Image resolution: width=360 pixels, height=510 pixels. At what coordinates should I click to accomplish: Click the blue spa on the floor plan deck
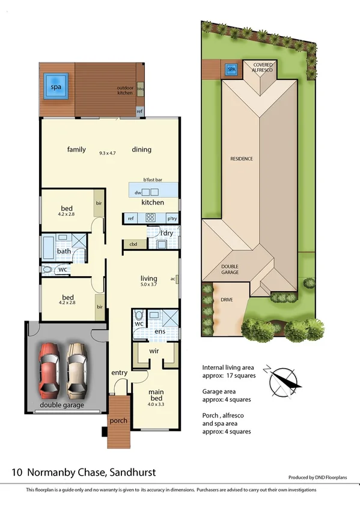[x=56, y=87]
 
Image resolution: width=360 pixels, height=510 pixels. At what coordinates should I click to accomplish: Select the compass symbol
[x=284, y=379]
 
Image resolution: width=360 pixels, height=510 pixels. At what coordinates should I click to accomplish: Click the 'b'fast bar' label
[x=153, y=180]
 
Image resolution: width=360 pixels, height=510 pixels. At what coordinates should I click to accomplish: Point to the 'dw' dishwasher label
[x=138, y=192]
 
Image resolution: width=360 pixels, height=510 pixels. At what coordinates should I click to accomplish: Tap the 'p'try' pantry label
[x=172, y=218]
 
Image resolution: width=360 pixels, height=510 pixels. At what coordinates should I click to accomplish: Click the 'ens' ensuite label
[x=160, y=331]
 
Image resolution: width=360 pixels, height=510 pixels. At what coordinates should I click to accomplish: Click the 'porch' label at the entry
[x=118, y=420]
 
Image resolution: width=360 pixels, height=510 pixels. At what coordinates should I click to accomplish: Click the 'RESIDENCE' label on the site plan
[x=242, y=159]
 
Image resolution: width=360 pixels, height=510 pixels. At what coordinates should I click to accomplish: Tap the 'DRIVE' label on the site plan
[x=227, y=300]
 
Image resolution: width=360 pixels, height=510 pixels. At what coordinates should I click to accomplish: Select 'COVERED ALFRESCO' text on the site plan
[x=262, y=67]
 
